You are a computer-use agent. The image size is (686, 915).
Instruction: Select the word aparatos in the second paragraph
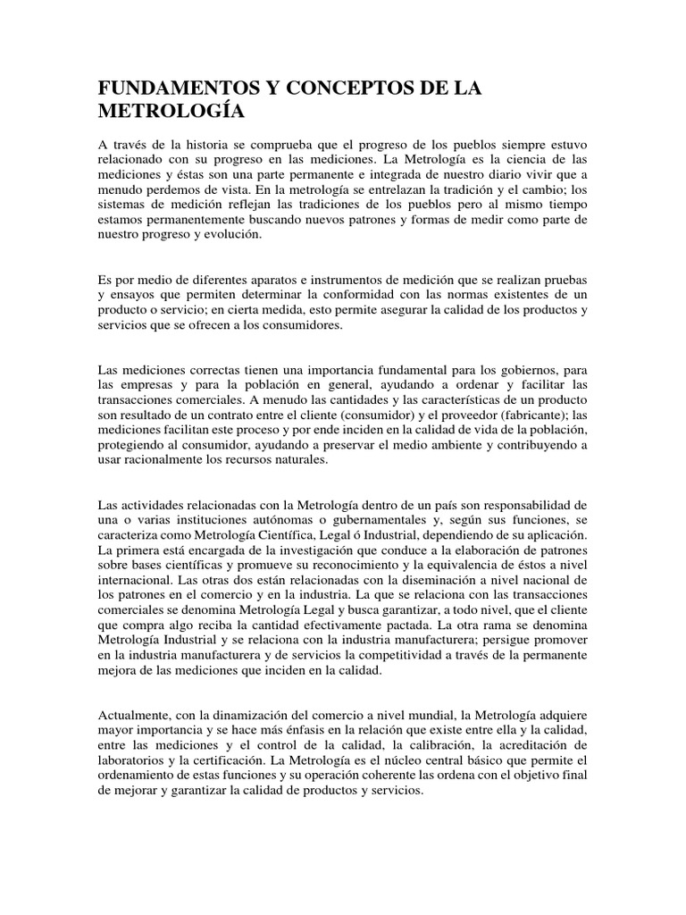pyautogui.click(x=274, y=281)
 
